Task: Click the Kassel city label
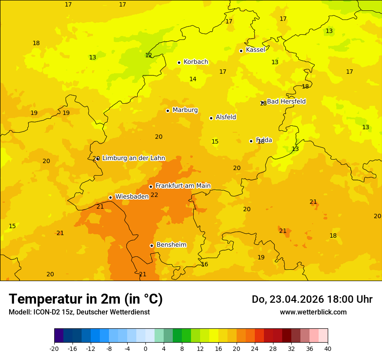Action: tap(255, 50)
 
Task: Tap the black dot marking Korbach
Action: tap(179, 62)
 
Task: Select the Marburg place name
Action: tap(185, 110)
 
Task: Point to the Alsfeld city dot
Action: tap(211, 118)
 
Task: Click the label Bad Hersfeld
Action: tap(286, 101)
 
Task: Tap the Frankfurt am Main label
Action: tap(183, 186)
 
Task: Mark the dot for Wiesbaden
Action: tap(110, 197)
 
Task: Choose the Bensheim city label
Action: tap(171, 245)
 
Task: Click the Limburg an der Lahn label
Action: tap(134, 158)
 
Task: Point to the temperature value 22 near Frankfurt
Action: tap(155, 195)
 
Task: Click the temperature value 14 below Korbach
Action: tap(193, 79)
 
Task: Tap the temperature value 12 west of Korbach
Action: tap(148, 56)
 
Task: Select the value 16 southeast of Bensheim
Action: tap(204, 264)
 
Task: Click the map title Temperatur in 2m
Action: tap(86, 299)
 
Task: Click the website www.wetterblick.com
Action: tap(313, 312)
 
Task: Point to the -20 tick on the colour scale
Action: tap(54, 349)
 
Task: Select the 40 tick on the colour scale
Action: tap(328, 349)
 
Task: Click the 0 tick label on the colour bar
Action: tap(145, 349)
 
